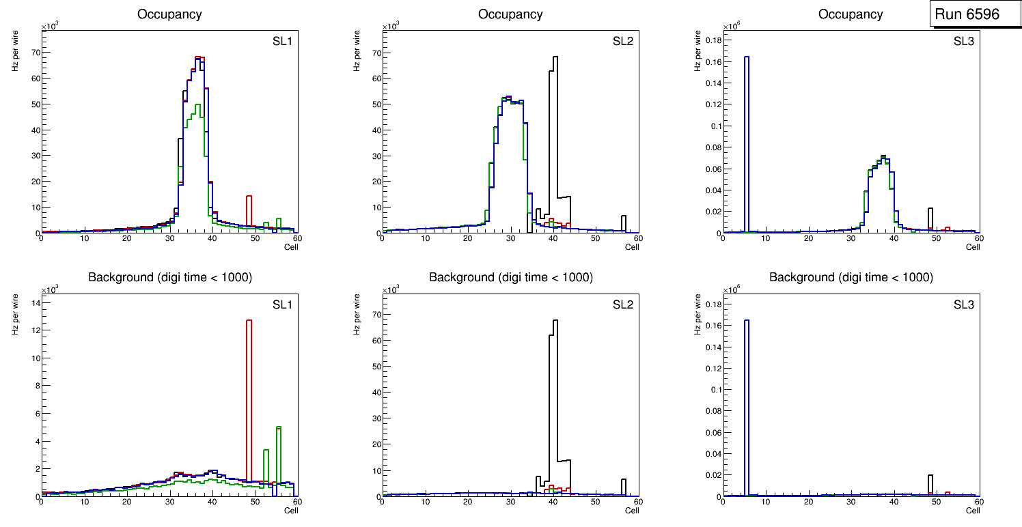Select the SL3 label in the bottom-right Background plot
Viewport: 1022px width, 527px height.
pos(964,304)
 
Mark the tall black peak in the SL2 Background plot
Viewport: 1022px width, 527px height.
pos(555,396)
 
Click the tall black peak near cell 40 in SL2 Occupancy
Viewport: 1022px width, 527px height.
pos(555,137)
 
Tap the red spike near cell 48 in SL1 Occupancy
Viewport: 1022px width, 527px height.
pos(249,212)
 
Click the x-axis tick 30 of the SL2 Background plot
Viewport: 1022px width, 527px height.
pos(510,502)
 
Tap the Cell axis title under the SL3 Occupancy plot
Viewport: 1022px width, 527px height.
pos(973,247)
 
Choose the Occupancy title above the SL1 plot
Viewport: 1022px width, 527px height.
pos(169,14)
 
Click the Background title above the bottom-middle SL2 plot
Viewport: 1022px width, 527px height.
pos(511,277)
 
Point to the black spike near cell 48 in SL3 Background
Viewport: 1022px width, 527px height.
pos(930,485)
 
